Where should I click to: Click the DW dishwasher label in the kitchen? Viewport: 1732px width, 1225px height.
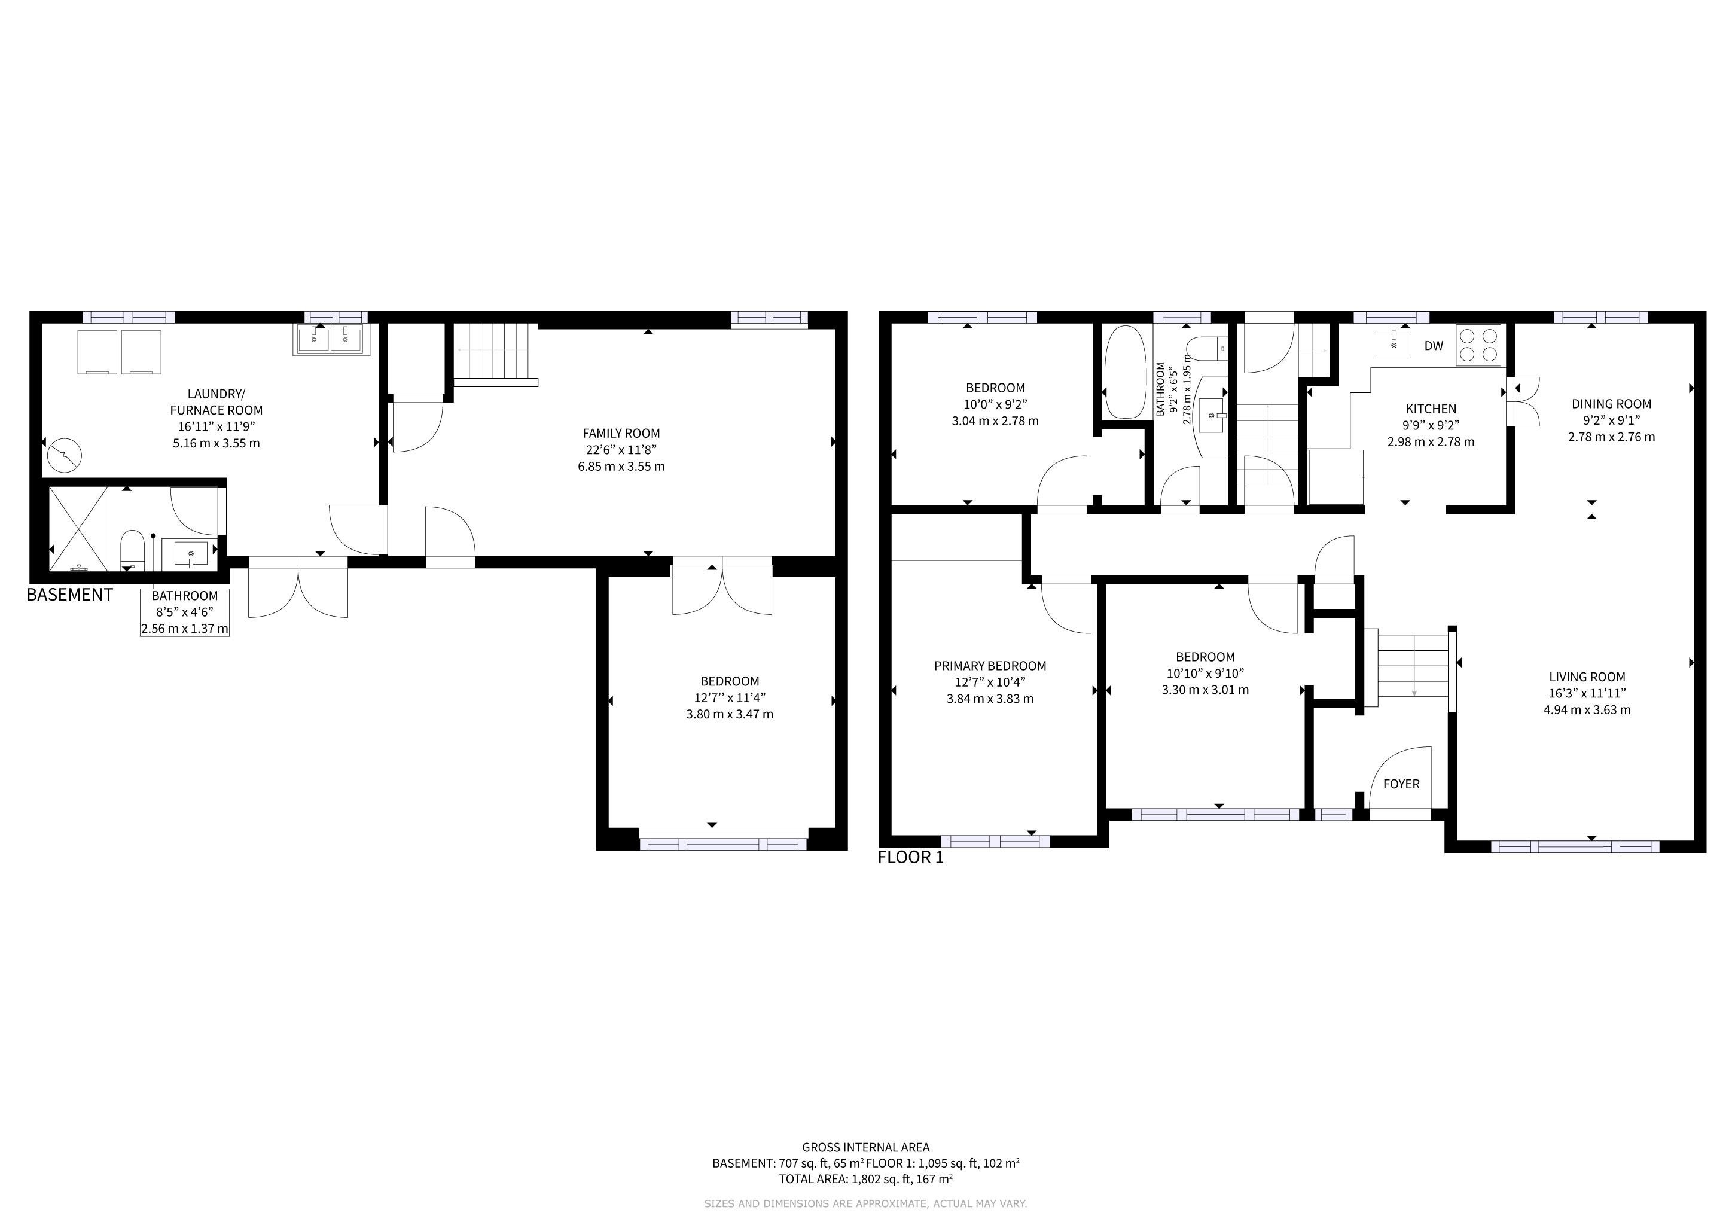click(1434, 346)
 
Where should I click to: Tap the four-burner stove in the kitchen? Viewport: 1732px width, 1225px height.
click(1478, 346)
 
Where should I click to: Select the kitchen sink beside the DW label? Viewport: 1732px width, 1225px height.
click(1393, 344)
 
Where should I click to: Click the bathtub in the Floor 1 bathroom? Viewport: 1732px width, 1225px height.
click(1125, 372)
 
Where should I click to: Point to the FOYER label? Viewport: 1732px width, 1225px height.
click(1401, 784)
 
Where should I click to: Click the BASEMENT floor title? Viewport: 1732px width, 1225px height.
click(69, 595)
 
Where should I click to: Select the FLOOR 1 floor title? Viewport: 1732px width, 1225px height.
click(910, 857)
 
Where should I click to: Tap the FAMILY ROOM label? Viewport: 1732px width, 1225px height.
click(621, 433)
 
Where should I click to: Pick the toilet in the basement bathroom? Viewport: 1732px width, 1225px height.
click(132, 549)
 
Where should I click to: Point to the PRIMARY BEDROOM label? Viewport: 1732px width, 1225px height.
click(990, 665)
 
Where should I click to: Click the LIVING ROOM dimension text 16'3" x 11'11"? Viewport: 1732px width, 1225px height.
click(1587, 693)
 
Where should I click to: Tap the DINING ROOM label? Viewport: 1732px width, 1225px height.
click(1611, 404)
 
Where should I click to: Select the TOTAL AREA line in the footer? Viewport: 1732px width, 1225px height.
click(866, 1178)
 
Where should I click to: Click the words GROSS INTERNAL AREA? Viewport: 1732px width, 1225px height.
click(866, 1147)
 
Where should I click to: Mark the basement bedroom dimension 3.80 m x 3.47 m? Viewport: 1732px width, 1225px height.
click(730, 714)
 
